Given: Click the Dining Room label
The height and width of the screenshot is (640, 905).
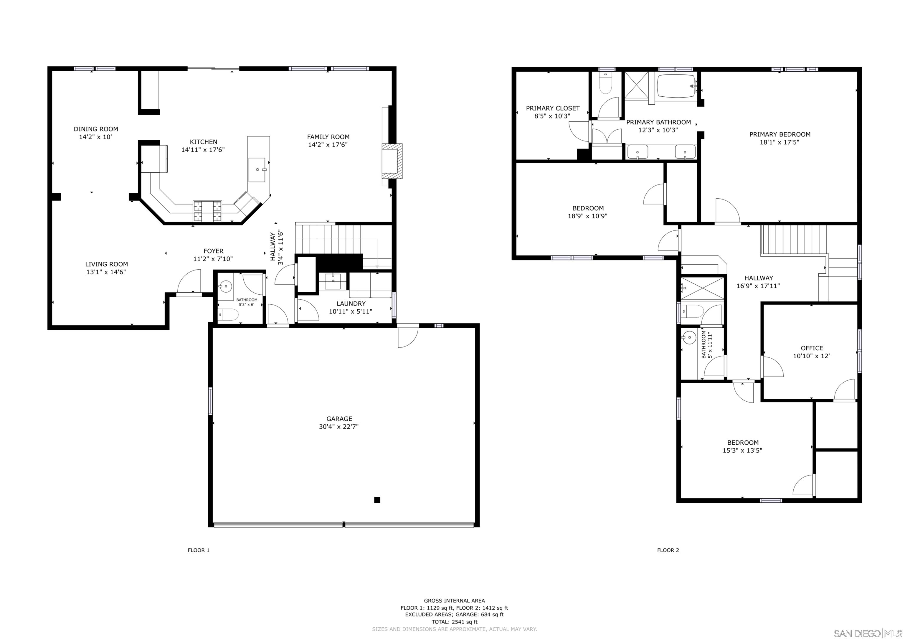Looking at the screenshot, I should click(x=96, y=129).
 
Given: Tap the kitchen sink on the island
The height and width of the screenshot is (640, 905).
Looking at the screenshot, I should click(x=257, y=169).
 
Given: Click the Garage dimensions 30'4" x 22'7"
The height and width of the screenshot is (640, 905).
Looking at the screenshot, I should click(x=338, y=427).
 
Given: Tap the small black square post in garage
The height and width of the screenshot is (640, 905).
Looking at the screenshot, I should click(x=377, y=500).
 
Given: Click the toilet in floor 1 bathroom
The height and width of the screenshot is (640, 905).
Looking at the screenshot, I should click(x=229, y=315).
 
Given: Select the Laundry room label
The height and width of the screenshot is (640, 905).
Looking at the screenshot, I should click(x=351, y=303).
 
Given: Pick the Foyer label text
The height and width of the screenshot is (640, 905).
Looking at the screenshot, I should click(x=213, y=251).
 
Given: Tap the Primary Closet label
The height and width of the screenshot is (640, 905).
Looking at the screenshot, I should click(x=553, y=108).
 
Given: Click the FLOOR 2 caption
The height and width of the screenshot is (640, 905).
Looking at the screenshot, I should click(x=668, y=550).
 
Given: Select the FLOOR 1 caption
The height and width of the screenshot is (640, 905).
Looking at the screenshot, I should click(x=199, y=550).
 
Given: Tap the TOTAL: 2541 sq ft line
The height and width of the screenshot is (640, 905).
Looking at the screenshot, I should click(x=454, y=622).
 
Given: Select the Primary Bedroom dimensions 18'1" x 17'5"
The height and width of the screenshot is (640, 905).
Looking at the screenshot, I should click(x=779, y=142).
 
